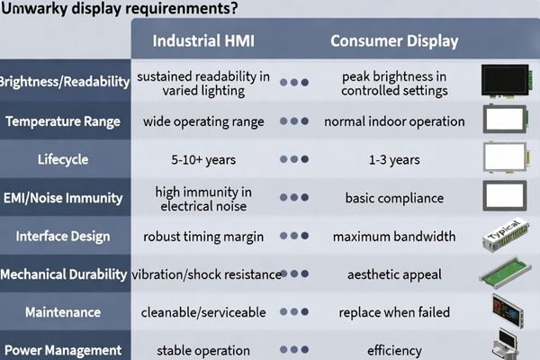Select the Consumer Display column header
[x=394, y=41]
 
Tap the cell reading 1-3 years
[x=394, y=159]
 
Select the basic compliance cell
[x=394, y=198]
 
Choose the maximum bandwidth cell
[x=394, y=237]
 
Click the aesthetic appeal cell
[x=394, y=274]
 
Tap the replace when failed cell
[x=394, y=312]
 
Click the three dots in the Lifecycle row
[x=294, y=159]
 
